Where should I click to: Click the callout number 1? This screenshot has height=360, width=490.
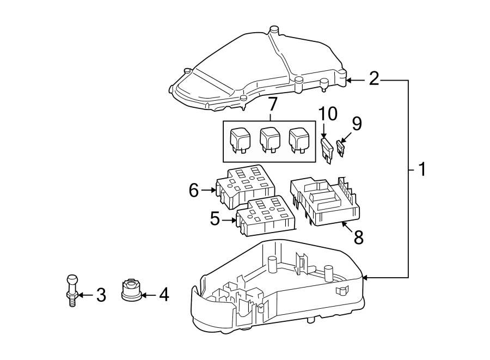pyautogui.click(x=421, y=169)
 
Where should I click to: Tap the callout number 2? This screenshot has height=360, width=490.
pyautogui.click(x=373, y=79)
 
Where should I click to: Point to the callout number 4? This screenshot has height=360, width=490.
pyautogui.click(x=163, y=295)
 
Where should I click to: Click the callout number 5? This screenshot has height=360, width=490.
pyautogui.click(x=215, y=220)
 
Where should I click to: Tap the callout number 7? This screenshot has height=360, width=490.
pyautogui.click(x=272, y=103)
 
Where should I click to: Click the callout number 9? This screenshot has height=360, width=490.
pyautogui.click(x=357, y=125)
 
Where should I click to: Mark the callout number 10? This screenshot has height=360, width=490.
pyautogui.click(x=328, y=114)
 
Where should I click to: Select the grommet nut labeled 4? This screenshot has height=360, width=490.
pyautogui.click(x=130, y=289)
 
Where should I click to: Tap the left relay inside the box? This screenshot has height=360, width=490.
pyautogui.click(x=241, y=141)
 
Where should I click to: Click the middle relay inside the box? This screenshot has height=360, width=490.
pyautogui.click(x=271, y=141)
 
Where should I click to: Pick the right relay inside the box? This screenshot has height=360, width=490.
pyautogui.click(x=299, y=141)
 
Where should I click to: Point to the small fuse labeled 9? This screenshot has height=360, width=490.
pyautogui.click(x=341, y=149)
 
